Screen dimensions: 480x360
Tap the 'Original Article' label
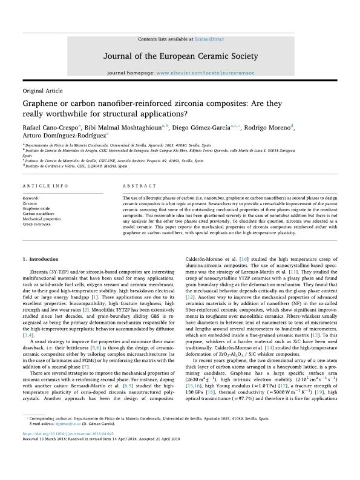pos(42,91)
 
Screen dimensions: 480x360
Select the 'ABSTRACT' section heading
pos(134,186)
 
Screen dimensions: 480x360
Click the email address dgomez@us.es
pos(64,458)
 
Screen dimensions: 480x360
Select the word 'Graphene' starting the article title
pos(42,103)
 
